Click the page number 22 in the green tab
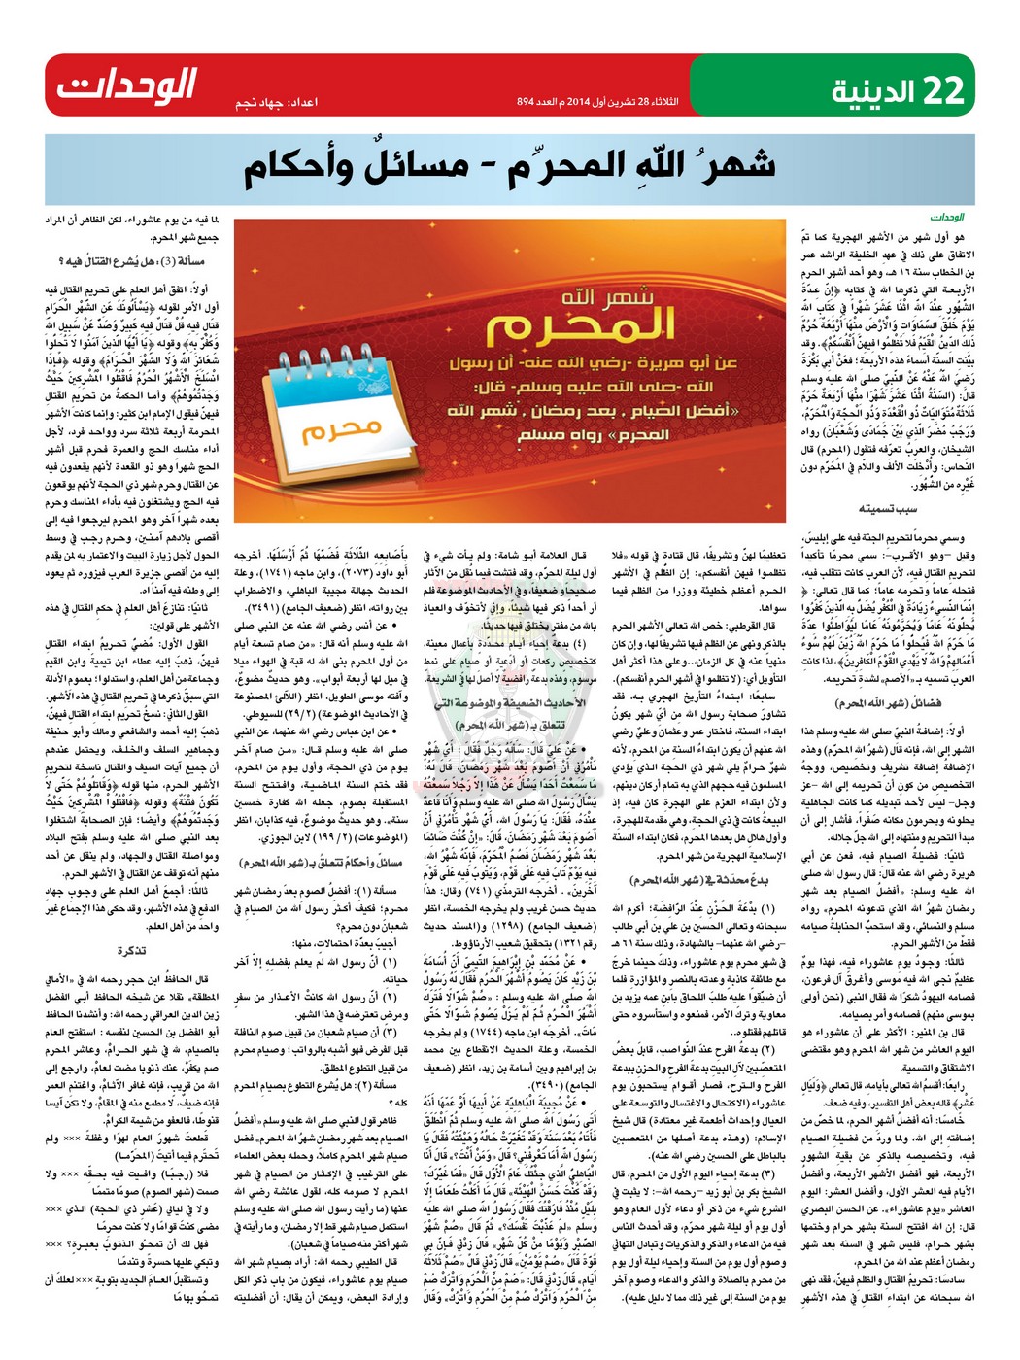click(x=943, y=90)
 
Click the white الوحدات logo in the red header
click(x=126, y=85)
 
